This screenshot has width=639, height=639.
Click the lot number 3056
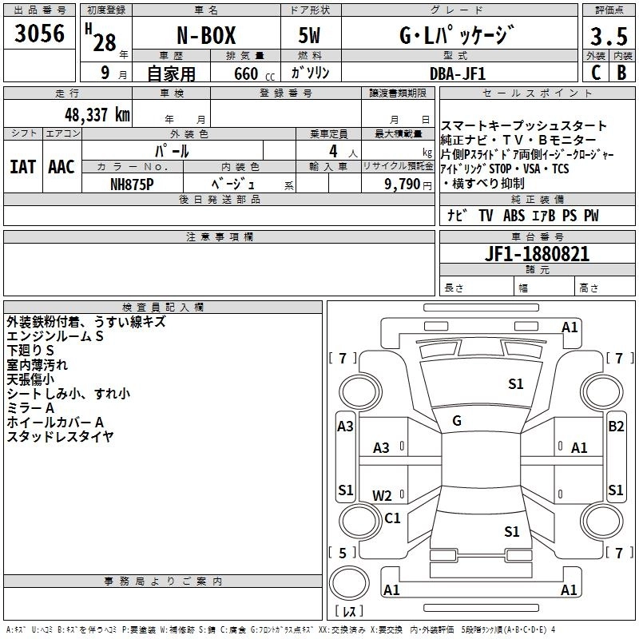point(39,34)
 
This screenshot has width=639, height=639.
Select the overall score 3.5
point(608,37)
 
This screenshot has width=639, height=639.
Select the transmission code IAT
point(22,166)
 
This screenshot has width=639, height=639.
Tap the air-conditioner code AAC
point(62,166)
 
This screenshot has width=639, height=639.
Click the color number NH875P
point(133,183)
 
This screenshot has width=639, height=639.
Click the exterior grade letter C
point(595,73)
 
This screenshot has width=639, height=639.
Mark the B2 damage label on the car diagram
point(616,427)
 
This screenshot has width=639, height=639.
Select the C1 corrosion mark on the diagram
point(392,518)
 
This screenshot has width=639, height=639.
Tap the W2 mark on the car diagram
point(383,495)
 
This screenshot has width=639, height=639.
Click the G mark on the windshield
point(456,420)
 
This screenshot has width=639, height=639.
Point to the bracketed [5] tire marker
point(343,553)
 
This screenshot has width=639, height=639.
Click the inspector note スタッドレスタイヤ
point(60,436)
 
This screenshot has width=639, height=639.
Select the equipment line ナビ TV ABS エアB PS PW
point(522,216)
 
